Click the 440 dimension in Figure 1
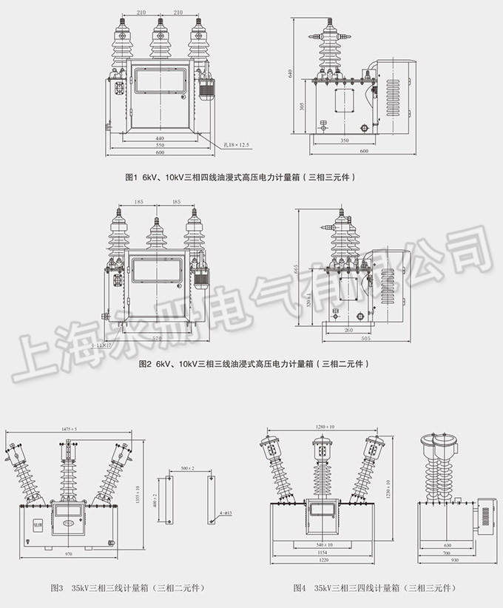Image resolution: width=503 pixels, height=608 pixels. click(x=159, y=138)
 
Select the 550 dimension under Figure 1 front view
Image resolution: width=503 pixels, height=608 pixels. click(x=159, y=146)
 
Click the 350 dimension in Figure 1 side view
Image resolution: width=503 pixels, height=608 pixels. click(x=345, y=140)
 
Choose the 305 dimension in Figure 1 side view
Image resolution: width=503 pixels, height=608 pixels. click(x=301, y=106)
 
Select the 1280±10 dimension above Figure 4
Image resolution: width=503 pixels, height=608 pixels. click(x=324, y=427)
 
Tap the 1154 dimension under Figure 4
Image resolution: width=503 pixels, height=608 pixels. click(x=323, y=553)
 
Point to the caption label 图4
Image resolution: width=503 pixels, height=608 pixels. click(x=299, y=589)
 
